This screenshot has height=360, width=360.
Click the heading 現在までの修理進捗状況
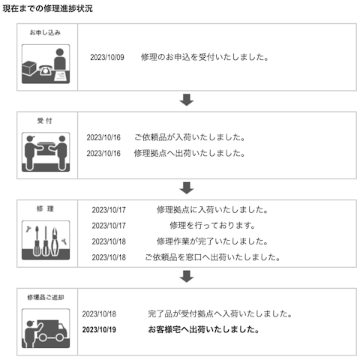(x=47, y=8)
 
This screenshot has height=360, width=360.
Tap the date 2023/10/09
(x=107, y=57)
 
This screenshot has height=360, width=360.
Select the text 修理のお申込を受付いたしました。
(x=205, y=57)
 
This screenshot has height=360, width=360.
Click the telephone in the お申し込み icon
(x=45, y=70)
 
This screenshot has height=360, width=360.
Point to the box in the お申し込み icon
(x=29, y=68)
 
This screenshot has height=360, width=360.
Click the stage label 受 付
(x=45, y=121)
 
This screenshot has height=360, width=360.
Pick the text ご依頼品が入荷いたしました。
(x=190, y=137)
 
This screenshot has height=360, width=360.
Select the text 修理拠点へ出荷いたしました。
(x=190, y=153)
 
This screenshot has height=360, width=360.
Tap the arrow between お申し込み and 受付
(x=187, y=100)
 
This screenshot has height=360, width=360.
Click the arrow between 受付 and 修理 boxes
(x=187, y=188)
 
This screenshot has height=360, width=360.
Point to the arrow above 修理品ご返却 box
(x=187, y=277)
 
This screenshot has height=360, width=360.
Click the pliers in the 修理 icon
(x=55, y=241)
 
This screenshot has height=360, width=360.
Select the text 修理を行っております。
(x=212, y=226)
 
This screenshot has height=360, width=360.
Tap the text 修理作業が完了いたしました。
(x=212, y=241)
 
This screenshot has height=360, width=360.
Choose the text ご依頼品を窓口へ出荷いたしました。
(x=212, y=257)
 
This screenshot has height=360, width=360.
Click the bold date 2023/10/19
(x=99, y=329)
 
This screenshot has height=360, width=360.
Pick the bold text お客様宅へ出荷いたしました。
(x=203, y=329)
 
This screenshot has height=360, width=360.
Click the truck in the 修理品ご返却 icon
(x=52, y=331)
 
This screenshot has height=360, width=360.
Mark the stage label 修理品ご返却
(x=46, y=297)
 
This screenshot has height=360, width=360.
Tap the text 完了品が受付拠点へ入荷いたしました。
(x=220, y=313)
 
